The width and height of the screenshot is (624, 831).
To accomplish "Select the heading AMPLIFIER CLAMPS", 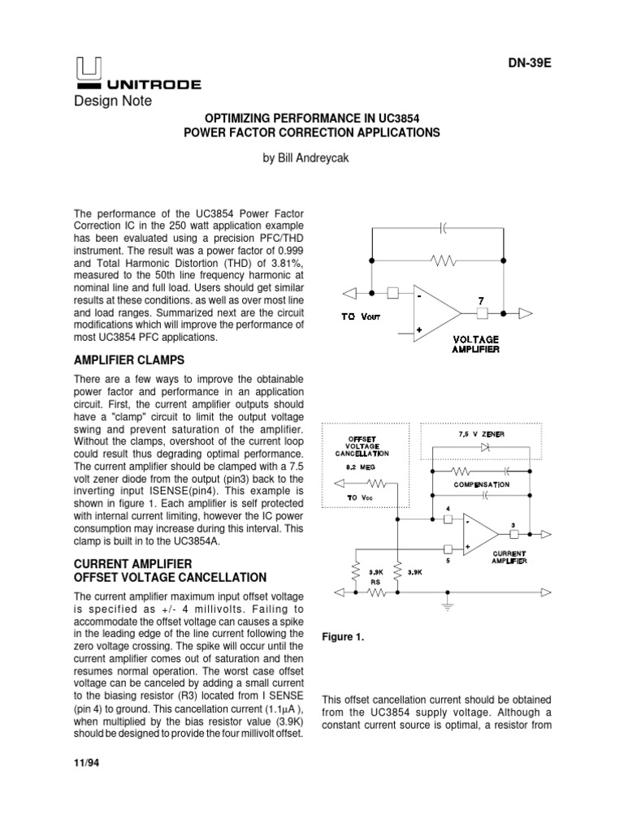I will click(130, 360).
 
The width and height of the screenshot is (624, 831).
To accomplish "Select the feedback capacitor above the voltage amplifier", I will click(443, 230).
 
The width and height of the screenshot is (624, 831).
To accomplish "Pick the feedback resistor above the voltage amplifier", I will click(444, 261).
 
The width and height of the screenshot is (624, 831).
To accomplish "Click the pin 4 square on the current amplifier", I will click(448, 520).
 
